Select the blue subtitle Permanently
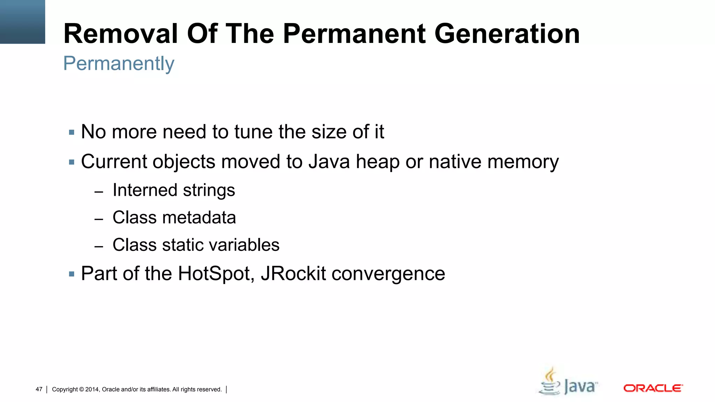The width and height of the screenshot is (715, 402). [x=119, y=64]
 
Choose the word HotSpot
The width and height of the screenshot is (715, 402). [x=215, y=274]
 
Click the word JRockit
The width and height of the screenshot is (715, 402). [x=293, y=274]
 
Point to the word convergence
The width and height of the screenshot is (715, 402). [x=388, y=274]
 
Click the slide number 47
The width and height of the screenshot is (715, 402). [x=39, y=389]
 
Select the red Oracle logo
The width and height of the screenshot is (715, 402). [x=653, y=388]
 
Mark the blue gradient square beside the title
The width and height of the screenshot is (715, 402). [x=22, y=22]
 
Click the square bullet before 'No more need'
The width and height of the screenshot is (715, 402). [x=72, y=133]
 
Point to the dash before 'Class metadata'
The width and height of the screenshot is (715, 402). [x=99, y=219]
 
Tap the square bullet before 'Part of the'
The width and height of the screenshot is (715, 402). [x=72, y=274]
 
